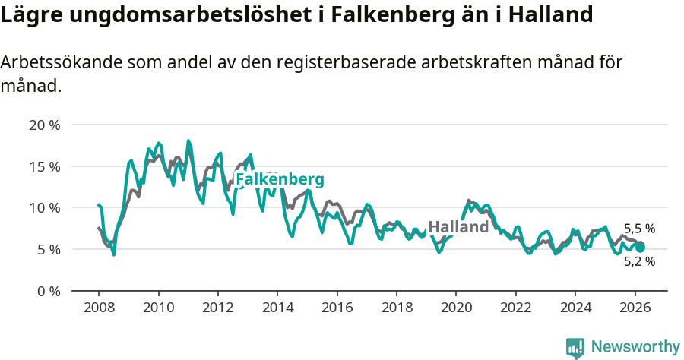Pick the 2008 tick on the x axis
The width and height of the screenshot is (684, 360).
click(99, 308)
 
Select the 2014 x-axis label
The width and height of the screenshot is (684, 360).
click(277, 308)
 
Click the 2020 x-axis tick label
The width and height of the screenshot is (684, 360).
click(456, 308)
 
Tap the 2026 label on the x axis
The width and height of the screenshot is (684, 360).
click(635, 308)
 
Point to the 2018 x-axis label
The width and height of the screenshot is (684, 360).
click(397, 308)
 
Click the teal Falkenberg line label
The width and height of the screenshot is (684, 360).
click(280, 180)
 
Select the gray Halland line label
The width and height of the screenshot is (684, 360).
click(458, 227)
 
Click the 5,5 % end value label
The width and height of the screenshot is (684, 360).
click(639, 228)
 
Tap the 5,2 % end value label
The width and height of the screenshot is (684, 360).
click(639, 261)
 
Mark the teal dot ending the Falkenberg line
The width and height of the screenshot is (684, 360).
click(640, 248)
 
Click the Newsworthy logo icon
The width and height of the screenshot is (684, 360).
click(575, 348)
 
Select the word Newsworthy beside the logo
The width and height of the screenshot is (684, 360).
click(635, 347)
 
